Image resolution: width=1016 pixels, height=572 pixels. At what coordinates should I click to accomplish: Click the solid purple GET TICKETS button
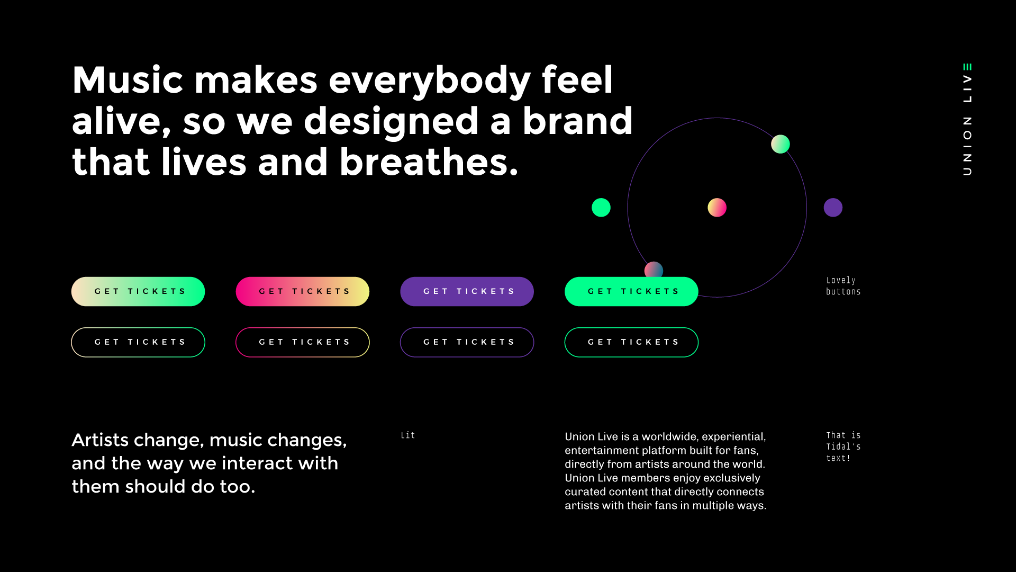[467, 291]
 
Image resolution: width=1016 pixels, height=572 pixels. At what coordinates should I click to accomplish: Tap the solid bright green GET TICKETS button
[631, 291]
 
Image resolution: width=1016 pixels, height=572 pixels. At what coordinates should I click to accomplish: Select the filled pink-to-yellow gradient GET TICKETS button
[302, 291]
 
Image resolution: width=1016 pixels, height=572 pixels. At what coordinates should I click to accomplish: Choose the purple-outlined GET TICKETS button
[467, 342]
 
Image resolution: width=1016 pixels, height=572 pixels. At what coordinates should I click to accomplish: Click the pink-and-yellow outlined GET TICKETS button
[302, 342]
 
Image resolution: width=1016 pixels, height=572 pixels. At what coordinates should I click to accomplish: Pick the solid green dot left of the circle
[601, 208]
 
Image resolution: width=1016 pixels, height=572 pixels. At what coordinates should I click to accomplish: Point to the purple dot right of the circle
[833, 208]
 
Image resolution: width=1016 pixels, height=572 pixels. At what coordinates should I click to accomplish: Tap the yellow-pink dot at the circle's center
[717, 208]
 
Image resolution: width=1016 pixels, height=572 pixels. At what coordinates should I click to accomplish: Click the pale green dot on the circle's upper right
[781, 144]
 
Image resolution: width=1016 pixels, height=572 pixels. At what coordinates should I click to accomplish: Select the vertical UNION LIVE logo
[967, 120]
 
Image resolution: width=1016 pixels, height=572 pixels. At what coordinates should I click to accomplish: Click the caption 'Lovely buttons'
[843, 286]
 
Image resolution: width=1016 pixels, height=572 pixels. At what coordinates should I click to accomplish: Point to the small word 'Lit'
[408, 435]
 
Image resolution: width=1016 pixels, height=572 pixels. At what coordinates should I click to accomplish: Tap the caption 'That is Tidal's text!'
[843, 446]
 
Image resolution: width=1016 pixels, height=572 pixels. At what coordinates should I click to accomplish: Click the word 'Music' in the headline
[128, 80]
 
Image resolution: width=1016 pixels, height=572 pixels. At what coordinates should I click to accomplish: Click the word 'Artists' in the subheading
[100, 440]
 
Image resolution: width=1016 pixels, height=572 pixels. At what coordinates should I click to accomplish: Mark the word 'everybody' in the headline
[430, 81]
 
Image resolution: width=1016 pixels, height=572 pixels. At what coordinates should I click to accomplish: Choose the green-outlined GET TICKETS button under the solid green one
[631, 342]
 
